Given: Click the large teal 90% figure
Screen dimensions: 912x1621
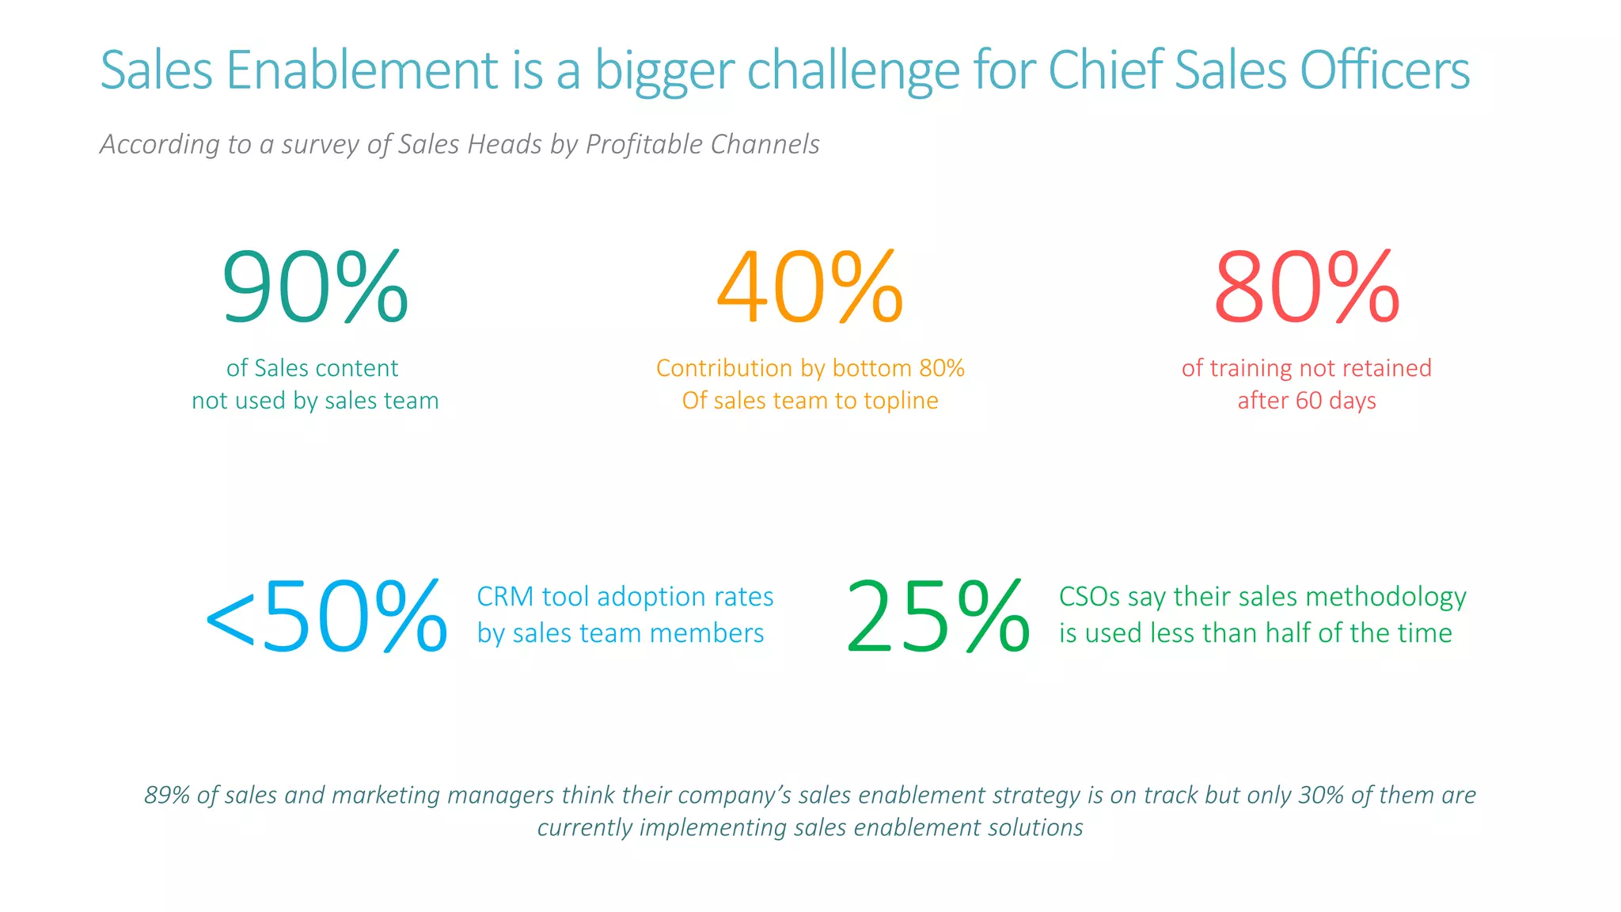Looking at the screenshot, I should pyautogui.click(x=315, y=287).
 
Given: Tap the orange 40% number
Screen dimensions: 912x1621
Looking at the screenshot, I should pyautogui.click(x=810, y=287).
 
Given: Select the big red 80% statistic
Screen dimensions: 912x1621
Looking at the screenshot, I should pyautogui.click(x=1306, y=287).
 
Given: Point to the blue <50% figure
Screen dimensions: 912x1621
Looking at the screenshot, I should pyautogui.click(x=326, y=616).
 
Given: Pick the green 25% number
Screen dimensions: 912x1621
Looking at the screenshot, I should pyautogui.click(x=938, y=616).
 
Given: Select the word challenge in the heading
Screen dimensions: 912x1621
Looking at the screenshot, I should pyautogui.click(x=853, y=70).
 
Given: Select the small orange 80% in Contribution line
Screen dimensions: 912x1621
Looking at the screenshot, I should pyautogui.click(x=942, y=368).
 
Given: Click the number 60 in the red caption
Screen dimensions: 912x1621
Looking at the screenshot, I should pyautogui.click(x=1308, y=401).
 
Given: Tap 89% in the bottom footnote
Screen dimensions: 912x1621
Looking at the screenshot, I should pyautogui.click(x=166, y=795).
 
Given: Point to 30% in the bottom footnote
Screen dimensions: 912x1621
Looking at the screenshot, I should pyautogui.click(x=1320, y=795).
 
